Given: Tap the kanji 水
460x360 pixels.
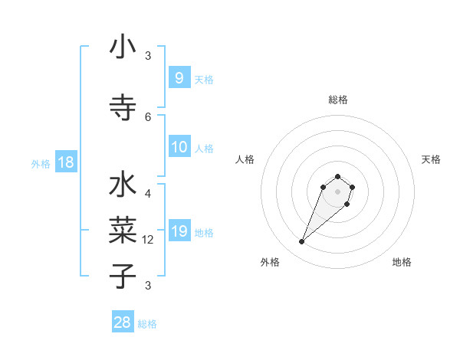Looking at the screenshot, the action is click(123, 186).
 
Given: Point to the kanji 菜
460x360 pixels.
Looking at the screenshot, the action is click(123, 230).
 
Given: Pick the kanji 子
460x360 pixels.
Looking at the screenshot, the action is click(123, 275).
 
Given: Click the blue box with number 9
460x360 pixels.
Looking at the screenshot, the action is click(179, 77).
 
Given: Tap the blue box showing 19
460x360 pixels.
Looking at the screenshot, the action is click(179, 231).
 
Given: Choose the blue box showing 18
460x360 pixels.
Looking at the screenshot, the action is click(65, 162).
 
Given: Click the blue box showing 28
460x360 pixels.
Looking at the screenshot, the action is click(122, 322).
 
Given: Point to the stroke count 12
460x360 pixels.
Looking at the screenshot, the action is click(149, 240).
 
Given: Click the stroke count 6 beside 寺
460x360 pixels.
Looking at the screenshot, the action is click(148, 116).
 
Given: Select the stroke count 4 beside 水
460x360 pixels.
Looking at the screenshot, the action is click(148, 193).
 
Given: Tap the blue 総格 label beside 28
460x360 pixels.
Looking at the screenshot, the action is click(147, 324).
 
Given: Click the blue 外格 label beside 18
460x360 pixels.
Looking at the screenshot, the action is click(40, 164).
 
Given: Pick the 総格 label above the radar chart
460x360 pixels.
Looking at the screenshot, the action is click(338, 100).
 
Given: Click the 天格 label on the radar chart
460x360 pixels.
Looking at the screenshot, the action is click(431, 159).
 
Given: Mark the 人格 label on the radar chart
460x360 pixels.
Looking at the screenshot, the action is click(245, 159).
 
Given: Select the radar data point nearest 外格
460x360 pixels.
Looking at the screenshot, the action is click(301, 242).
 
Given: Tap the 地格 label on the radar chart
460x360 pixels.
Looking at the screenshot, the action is click(402, 263).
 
